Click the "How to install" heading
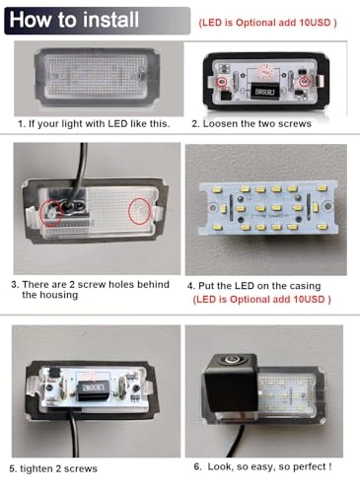click(74, 20)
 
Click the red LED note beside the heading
click(267, 23)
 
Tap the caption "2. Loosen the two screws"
click(252, 124)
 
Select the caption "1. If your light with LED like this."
click(94, 124)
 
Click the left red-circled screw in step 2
click(222, 81)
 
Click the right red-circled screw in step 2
click(305, 81)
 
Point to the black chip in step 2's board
click(264, 91)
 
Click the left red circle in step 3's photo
click(50, 212)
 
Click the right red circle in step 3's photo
click(139, 211)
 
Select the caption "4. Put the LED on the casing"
click(253, 286)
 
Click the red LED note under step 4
click(261, 300)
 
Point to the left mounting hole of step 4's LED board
click(214, 207)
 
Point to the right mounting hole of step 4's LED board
click(327, 206)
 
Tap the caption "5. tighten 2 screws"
click(53, 468)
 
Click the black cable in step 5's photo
click(74, 434)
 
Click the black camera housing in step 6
click(231, 384)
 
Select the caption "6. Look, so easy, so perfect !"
click(262, 466)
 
